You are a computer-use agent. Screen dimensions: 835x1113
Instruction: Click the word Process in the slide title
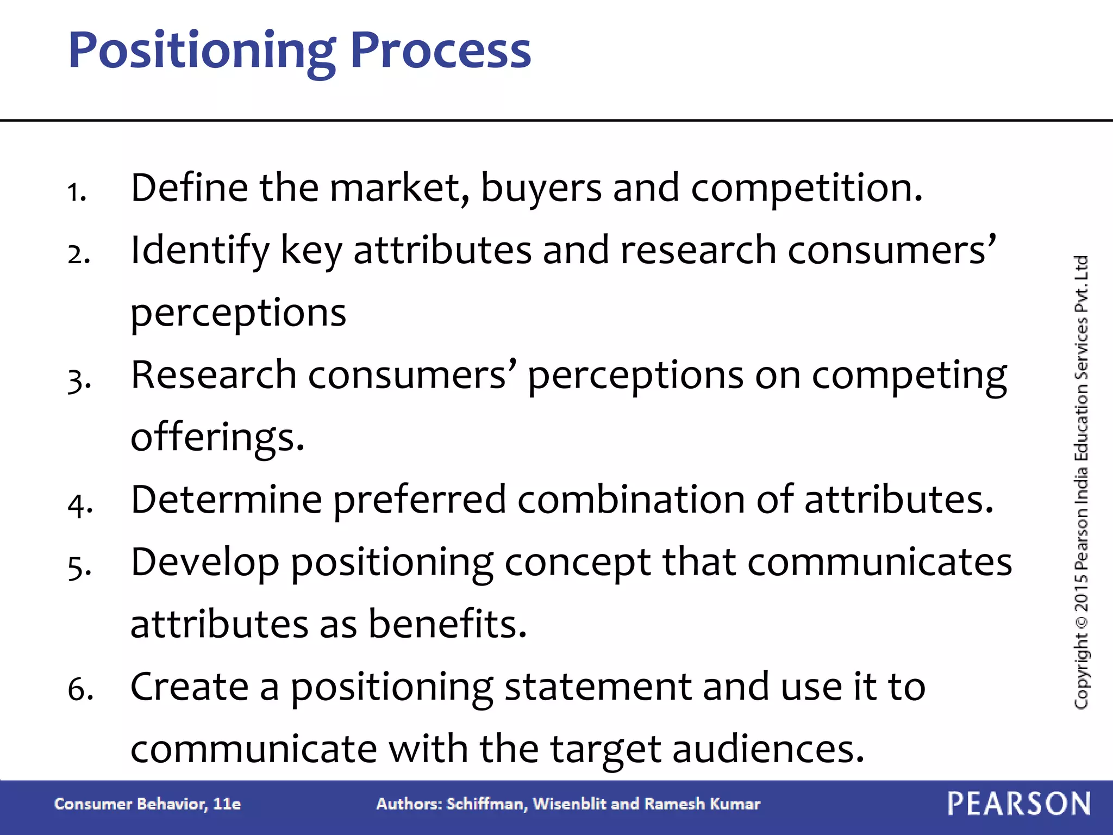[440, 50]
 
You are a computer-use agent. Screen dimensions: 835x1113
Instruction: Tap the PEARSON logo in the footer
[1019, 803]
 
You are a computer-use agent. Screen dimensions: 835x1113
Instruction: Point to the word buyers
[541, 188]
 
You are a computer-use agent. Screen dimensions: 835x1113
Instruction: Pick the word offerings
[217, 437]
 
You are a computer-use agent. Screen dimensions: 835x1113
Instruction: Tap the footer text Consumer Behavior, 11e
[147, 804]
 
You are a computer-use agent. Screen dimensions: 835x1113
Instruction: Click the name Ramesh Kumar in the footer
[702, 804]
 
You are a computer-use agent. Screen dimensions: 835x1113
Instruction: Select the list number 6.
[80, 689]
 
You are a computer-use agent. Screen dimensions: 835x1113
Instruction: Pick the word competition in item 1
[806, 188]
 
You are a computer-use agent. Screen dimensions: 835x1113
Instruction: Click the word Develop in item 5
[205, 563]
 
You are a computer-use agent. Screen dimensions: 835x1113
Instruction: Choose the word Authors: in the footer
[409, 804]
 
